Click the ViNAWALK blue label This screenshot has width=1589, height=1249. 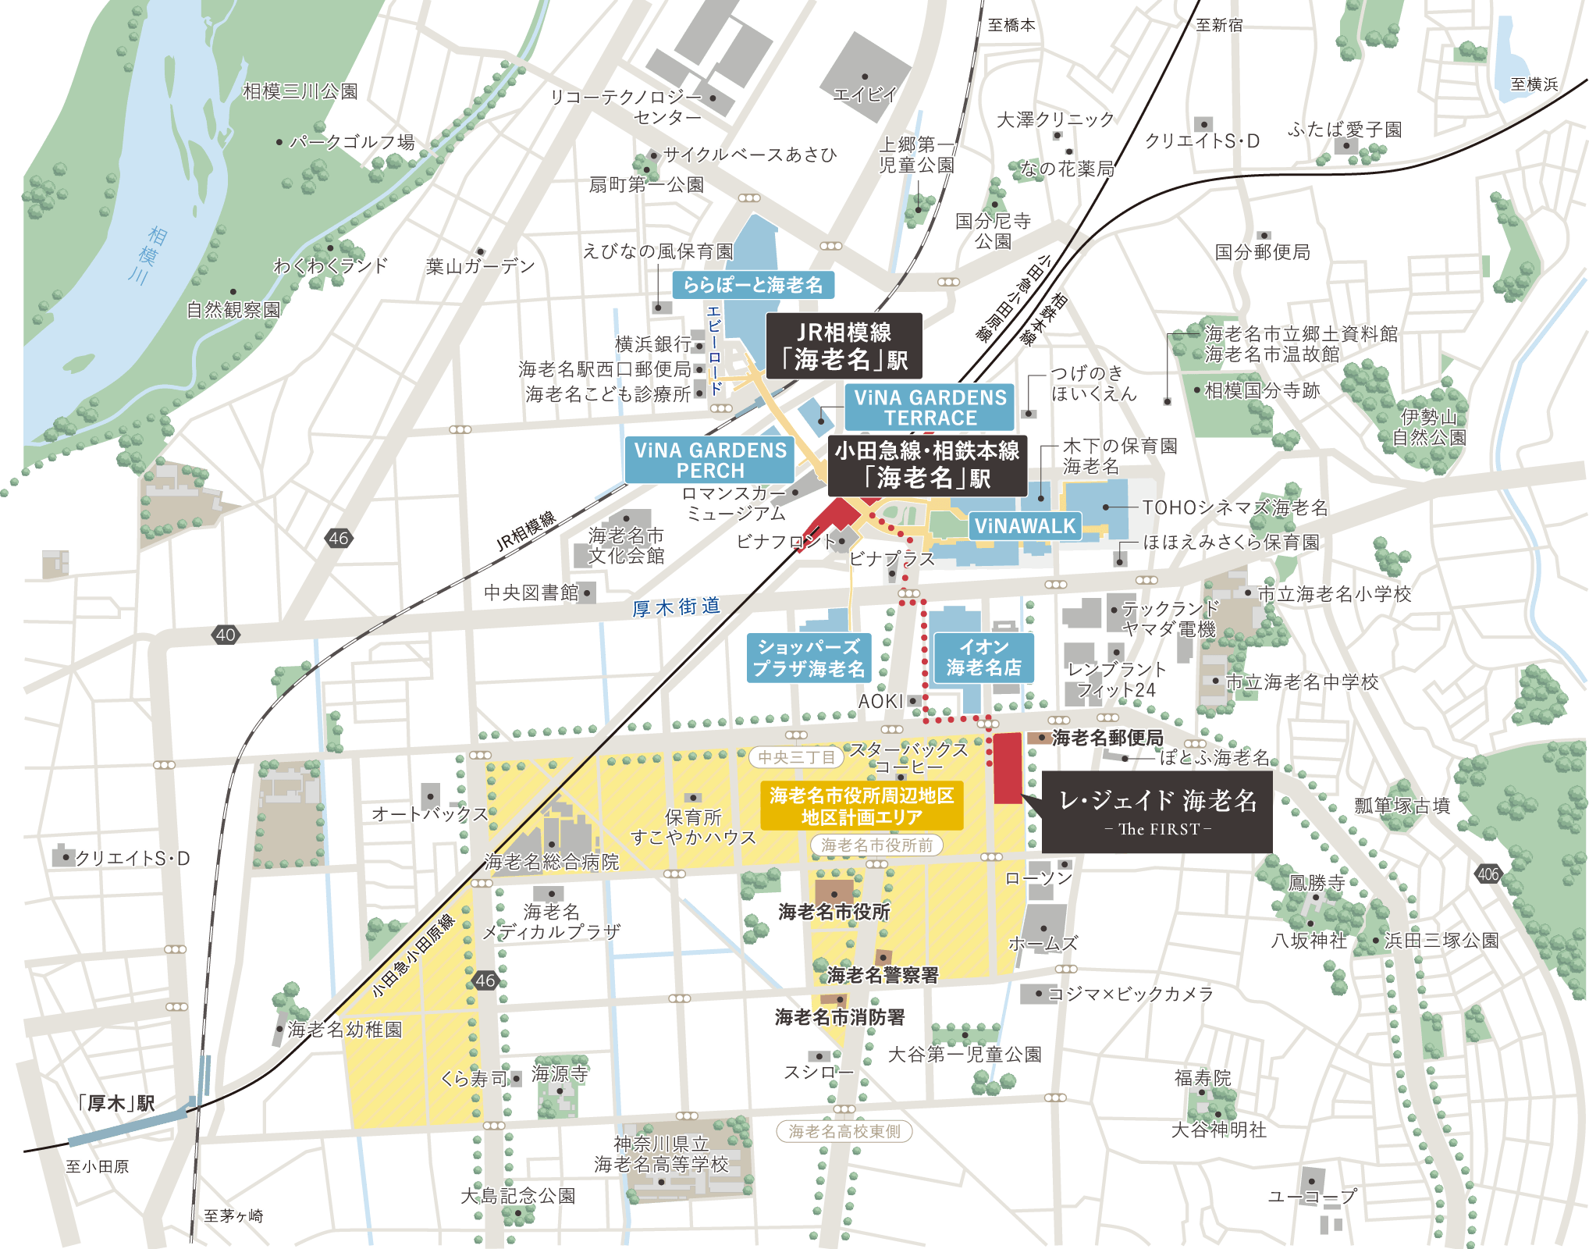(x=1025, y=526)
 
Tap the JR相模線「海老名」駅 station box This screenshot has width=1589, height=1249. (x=844, y=346)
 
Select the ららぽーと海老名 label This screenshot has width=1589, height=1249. (x=753, y=285)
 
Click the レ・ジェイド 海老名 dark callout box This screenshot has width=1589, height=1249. (x=1157, y=811)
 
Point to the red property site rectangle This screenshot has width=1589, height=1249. (x=1008, y=768)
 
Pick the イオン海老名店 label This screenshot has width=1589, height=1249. (x=983, y=657)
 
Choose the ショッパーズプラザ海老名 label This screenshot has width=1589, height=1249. (x=809, y=658)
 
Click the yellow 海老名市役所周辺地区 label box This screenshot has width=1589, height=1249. (x=862, y=806)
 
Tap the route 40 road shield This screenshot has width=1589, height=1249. (x=226, y=635)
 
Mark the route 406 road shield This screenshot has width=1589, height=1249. (x=1488, y=874)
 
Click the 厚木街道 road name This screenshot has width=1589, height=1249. (x=676, y=607)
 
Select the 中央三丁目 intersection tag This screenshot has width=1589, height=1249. (x=796, y=756)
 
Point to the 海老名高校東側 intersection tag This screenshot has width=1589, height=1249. (x=844, y=1131)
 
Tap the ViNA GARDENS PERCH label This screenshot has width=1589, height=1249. (x=709, y=461)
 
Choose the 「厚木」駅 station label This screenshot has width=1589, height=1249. (x=118, y=1104)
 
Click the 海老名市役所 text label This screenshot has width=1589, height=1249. (x=834, y=912)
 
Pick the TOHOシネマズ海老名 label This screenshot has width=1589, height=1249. (x=1234, y=508)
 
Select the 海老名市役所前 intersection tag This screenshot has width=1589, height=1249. (x=876, y=845)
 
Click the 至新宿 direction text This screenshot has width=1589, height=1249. (x=1219, y=25)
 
